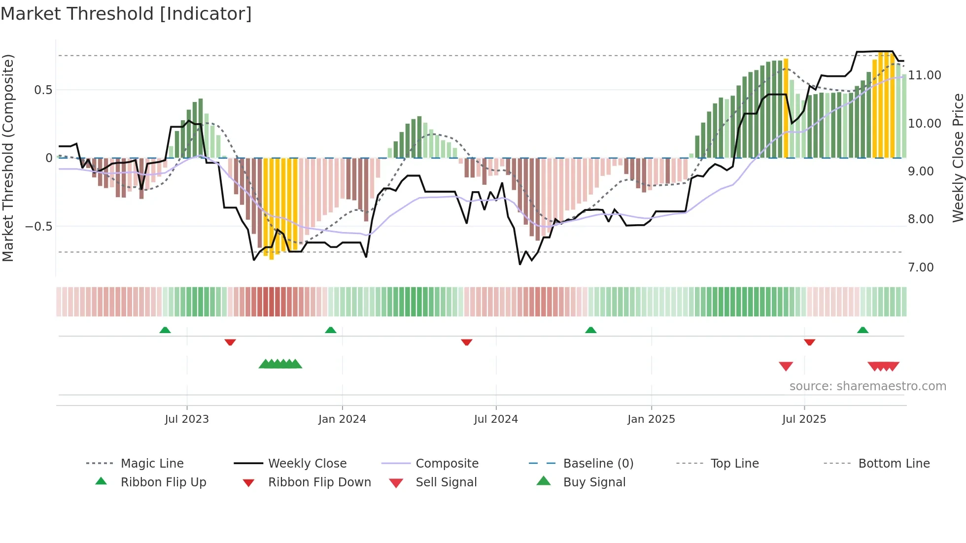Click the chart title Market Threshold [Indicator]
126,14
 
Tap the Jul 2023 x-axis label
187,419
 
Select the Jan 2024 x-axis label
342,419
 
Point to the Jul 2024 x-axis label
496,419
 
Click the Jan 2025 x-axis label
651,419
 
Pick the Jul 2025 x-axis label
804,419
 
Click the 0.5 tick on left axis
43,90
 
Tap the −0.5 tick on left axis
39,227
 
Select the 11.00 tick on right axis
925,75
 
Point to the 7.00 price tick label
921,268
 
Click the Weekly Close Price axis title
958,158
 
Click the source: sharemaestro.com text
867,386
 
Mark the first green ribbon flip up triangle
165,330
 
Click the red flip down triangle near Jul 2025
809,342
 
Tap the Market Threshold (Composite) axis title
8,158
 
